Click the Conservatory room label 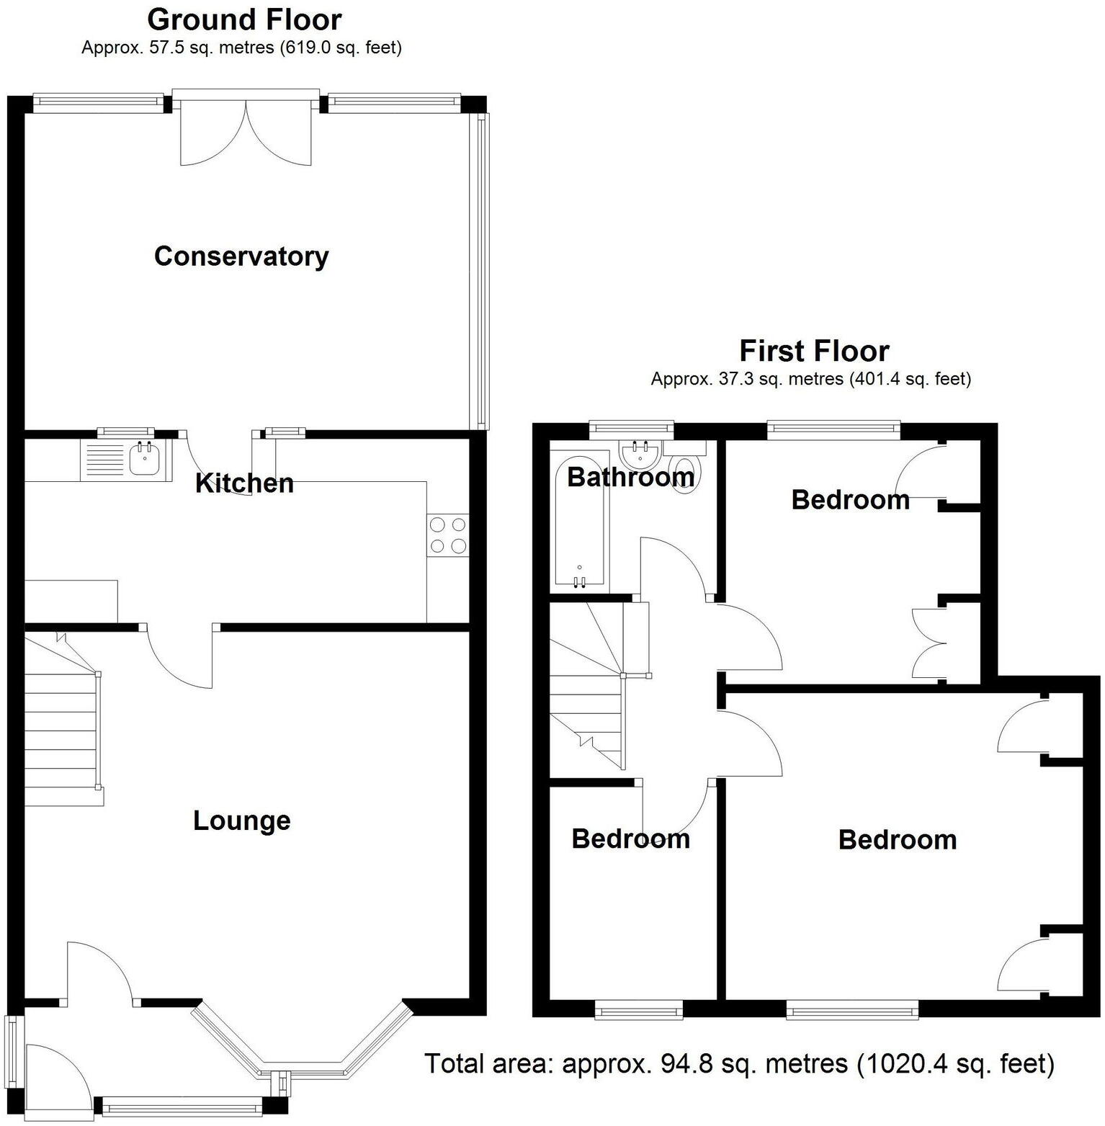tap(241, 256)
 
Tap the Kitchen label tap(245, 483)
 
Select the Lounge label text tap(242, 821)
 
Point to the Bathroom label tap(630, 477)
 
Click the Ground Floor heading tap(244, 19)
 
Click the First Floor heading tap(814, 351)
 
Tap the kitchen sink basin tap(146, 460)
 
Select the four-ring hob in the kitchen tap(447, 536)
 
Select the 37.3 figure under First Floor tap(733, 379)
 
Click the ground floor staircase tap(61, 720)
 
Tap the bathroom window tap(631, 430)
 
